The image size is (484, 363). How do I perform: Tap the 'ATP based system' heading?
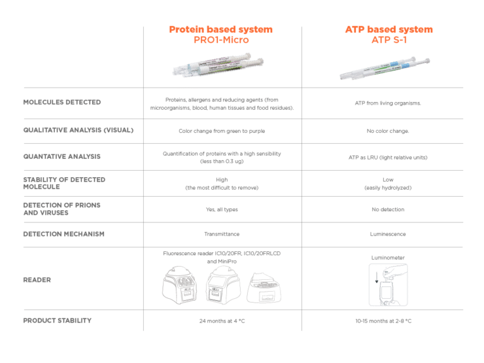[389, 30]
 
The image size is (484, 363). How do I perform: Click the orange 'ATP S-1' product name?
[389, 40]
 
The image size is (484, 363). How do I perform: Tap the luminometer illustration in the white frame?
[388, 285]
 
